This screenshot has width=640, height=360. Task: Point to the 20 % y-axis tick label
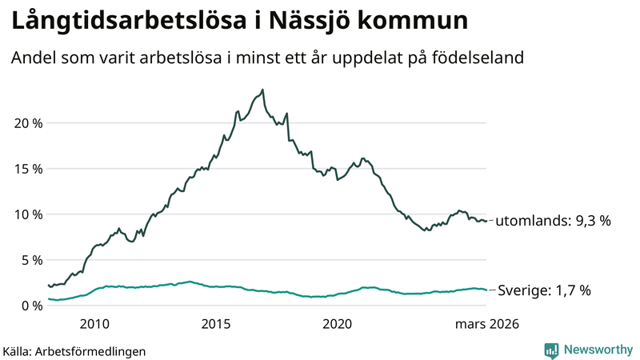tap(28, 123)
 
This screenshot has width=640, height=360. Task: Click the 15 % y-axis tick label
tap(28, 169)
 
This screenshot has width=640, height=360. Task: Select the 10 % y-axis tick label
tap(28, 214)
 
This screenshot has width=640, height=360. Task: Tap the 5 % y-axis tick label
tap(31, 260)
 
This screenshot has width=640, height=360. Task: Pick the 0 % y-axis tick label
tap(31, 306)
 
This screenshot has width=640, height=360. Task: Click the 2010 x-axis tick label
tap(94, 324)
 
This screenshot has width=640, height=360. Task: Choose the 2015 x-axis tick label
tap(216, 324)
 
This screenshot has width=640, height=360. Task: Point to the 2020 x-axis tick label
tap(337, 324)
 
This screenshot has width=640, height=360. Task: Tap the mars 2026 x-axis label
tap(487, 324)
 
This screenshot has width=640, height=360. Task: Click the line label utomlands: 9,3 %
tap(553, 221)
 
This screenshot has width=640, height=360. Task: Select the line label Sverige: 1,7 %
tap(544, 290)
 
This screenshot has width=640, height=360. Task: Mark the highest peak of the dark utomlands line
tap(262, 90)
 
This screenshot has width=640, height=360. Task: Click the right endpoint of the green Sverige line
tap(486, 290)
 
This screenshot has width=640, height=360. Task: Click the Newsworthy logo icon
tap(551, 350)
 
